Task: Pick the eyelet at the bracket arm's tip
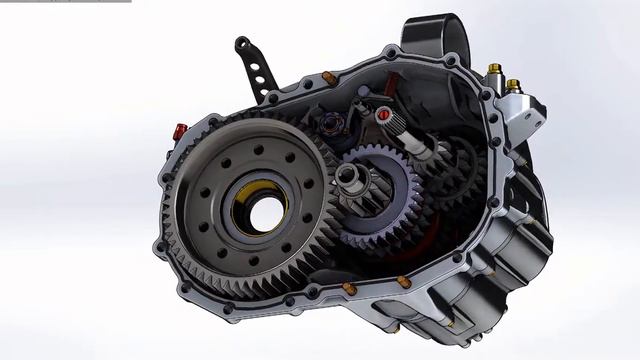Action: pyautogui.click(x=241, y=43)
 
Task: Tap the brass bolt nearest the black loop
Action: pyautogui.click(x=493, y=71)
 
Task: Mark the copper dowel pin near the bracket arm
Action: pyautogui.click(x=329, y=76)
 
